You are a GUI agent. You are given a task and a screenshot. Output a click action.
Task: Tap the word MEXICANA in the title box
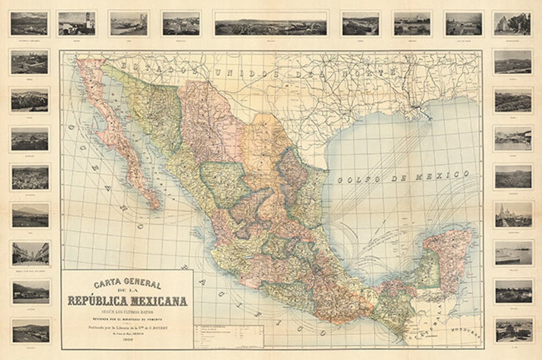158,301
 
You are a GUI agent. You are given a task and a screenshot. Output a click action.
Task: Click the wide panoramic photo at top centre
270,24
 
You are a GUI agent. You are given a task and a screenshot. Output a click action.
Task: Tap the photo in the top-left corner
29,24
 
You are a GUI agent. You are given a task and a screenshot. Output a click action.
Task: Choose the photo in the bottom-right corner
513,330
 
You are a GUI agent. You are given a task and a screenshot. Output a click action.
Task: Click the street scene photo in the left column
30,254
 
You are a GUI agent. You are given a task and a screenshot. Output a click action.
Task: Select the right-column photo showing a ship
513,253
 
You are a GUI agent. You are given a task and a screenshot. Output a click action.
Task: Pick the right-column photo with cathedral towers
513,214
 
